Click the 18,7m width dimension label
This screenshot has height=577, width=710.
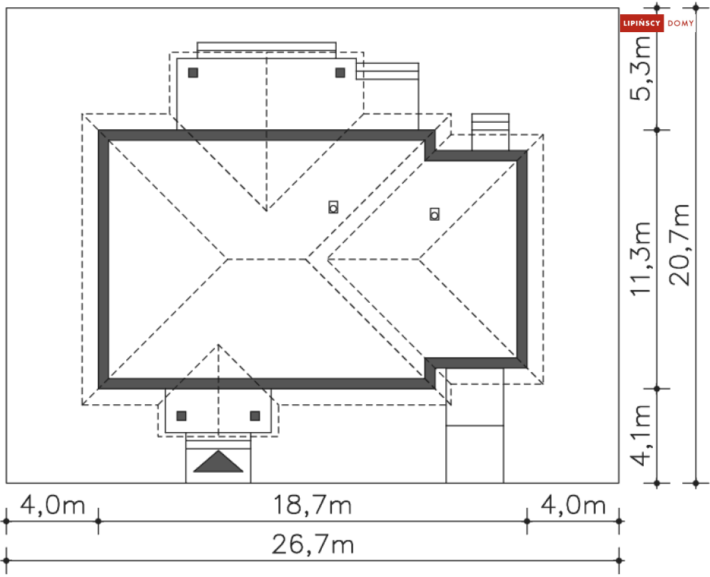point(313,505)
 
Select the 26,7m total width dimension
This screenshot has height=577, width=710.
point(313,544)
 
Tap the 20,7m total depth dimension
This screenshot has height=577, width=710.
point(679,245)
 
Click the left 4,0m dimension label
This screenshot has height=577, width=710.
point(53,505)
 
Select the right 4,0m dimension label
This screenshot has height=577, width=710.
point(573,505)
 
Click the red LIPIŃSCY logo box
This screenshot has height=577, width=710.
point(641,23)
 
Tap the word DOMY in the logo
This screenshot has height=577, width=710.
point(681,23)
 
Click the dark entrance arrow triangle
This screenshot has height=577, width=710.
point(218,461)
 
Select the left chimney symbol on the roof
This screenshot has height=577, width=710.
point(333,207)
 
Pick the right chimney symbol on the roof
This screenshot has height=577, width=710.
point(435,214)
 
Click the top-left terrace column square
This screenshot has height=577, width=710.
point(193,73)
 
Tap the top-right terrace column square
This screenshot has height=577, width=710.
point(340,73)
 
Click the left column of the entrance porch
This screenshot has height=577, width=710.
point(181,416)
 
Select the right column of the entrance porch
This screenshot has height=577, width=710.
point(255,416)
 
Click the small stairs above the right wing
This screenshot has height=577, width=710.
point(490,132)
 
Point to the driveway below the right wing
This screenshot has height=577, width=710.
point(475,426)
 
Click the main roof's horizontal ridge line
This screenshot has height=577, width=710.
point(267,259)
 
